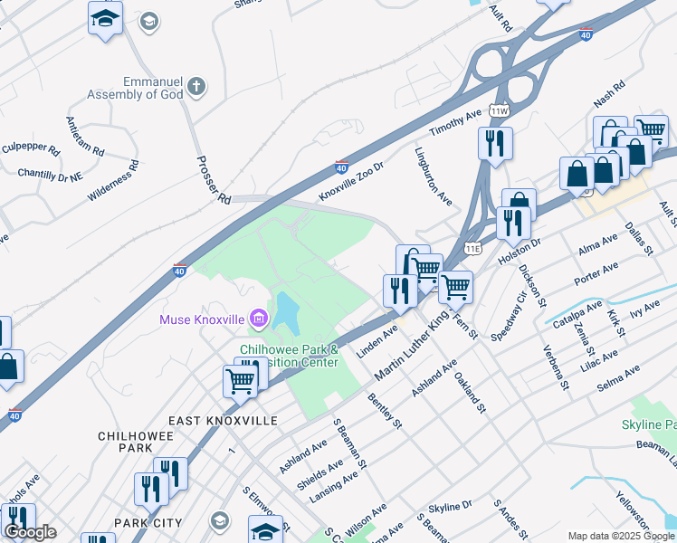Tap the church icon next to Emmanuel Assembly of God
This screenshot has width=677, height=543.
tap(195, 87)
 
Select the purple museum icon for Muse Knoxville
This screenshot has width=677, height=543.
tap(260, 319)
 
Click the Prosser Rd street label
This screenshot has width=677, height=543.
tap(214, 178)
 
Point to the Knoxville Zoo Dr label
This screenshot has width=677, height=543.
tap(351, 182)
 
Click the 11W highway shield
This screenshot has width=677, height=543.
tap(499, 110)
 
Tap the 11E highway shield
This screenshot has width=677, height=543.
tap(472, 245)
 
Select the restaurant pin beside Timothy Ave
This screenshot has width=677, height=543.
tap(495, 143)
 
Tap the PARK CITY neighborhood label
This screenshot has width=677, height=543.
tap(148, 523)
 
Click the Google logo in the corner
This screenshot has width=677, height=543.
tap(29, 532)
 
